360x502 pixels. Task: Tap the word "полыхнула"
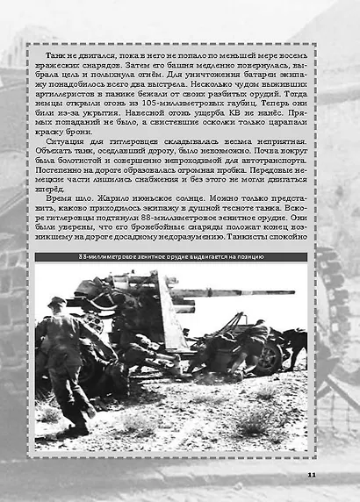click(x=132, y=79)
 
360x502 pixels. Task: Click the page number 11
click(x=313, y=474)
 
